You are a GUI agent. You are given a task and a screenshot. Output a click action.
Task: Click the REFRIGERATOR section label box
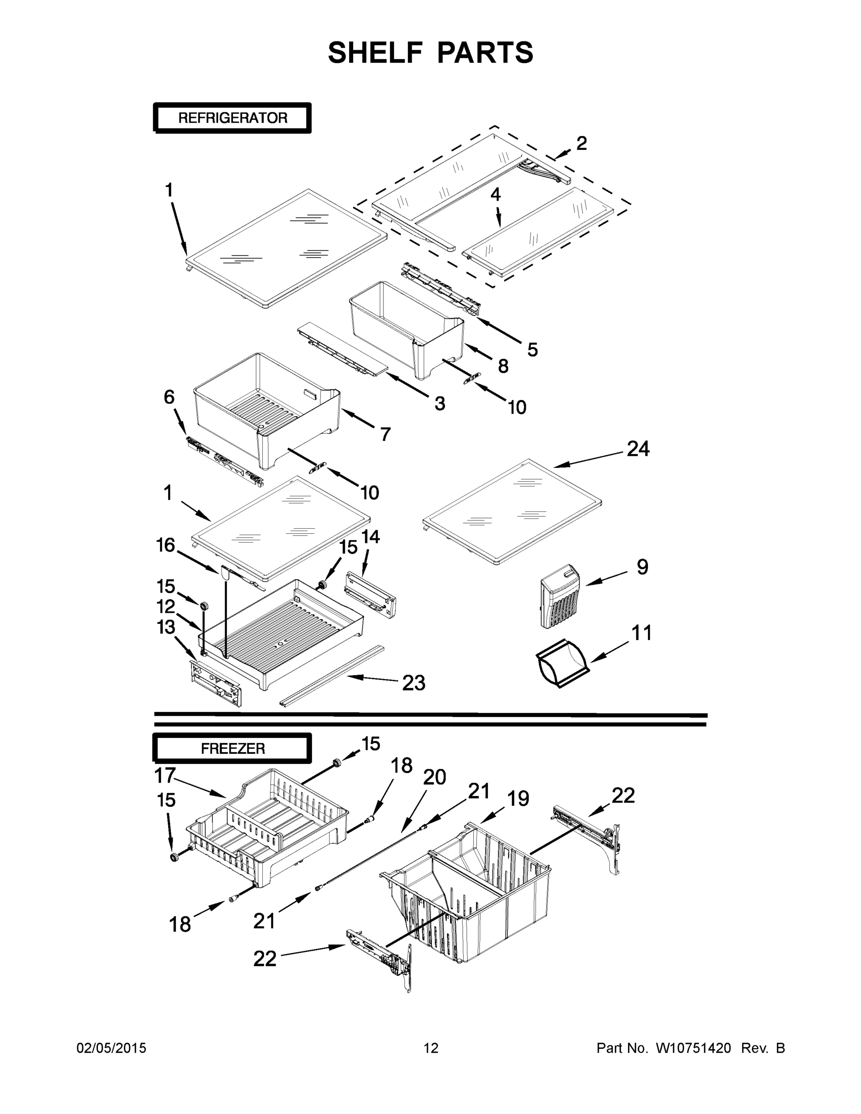232,118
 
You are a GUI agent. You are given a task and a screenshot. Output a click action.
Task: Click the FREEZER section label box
232,748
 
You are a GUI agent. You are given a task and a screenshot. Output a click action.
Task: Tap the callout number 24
638,449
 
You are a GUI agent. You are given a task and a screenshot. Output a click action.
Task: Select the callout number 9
642,567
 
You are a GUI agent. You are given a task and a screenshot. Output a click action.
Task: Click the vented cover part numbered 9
560,596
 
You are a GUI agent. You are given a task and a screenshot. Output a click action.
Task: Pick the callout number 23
413,682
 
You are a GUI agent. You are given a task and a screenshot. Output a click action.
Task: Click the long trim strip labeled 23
331,676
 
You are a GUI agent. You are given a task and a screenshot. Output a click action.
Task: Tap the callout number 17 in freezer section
165,776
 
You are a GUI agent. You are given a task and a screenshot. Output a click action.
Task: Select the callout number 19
518,799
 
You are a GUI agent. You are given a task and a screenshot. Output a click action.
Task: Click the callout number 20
434,777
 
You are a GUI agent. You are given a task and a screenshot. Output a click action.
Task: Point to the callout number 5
532,350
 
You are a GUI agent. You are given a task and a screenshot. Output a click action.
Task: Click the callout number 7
385,434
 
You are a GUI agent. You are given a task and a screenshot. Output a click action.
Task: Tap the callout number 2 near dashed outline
582,143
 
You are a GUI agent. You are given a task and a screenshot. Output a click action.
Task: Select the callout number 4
495,194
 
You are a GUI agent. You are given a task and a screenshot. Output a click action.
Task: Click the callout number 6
169,397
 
